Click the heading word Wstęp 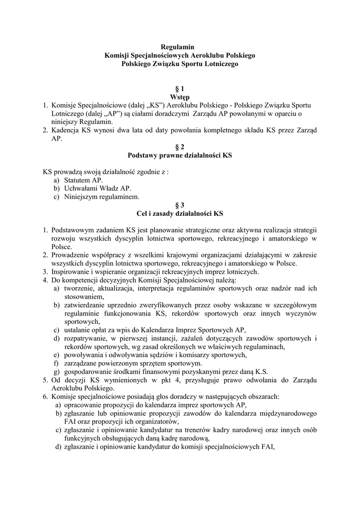point(179,97)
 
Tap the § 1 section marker point(179,88)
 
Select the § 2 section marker point(179,147)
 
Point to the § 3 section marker point(179,204)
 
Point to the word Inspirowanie point(71,271)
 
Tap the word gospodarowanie point(87,372)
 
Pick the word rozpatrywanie point(85,338)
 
